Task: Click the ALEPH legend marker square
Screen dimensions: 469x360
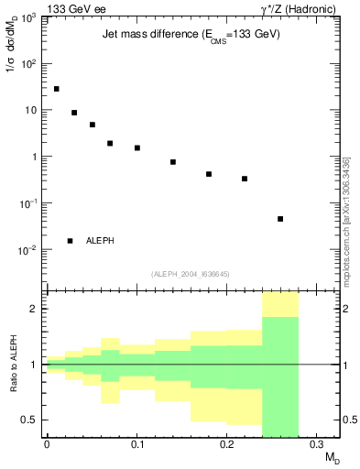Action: (x=70, y=241)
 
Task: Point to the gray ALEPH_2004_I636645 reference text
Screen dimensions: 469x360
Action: (x=191, y=273)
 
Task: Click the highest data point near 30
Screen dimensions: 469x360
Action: (x=56, y=89)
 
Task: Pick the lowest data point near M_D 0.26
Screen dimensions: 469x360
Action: (x=280, y=219)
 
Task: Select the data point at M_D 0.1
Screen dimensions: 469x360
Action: (x=137, y=147)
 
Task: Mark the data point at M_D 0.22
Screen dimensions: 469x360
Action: (x=245, y=179)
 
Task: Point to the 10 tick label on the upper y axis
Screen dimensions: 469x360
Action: (x=31, y=111)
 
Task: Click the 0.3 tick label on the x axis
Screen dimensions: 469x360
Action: (x=316, y=444)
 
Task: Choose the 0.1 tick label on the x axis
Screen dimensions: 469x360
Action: (x=136, y=444)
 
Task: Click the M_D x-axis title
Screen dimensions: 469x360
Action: (x=332, y=456)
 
